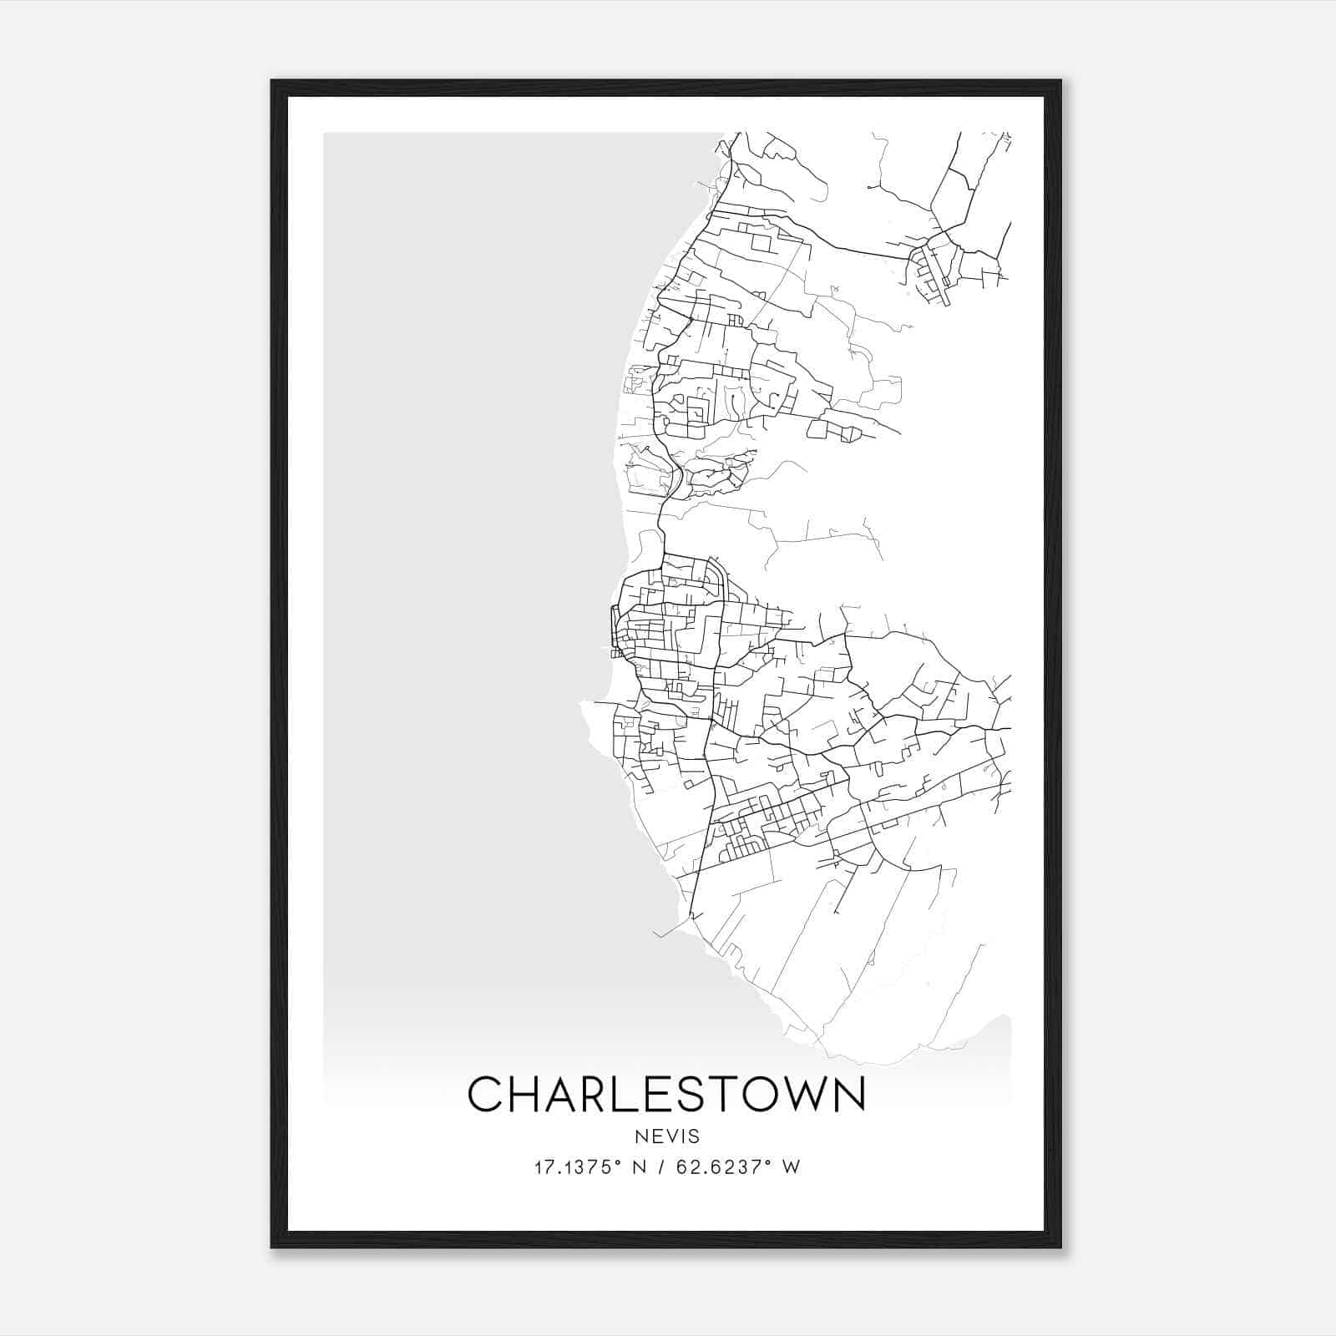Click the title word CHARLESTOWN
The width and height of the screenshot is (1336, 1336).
[666, 1095]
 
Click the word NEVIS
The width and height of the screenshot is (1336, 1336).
[666, 1136]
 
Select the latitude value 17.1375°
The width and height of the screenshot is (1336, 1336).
[577, 1167]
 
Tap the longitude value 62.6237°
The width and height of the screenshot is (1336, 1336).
[727, 1167]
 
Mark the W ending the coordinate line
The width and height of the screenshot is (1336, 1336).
[791, 1167]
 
